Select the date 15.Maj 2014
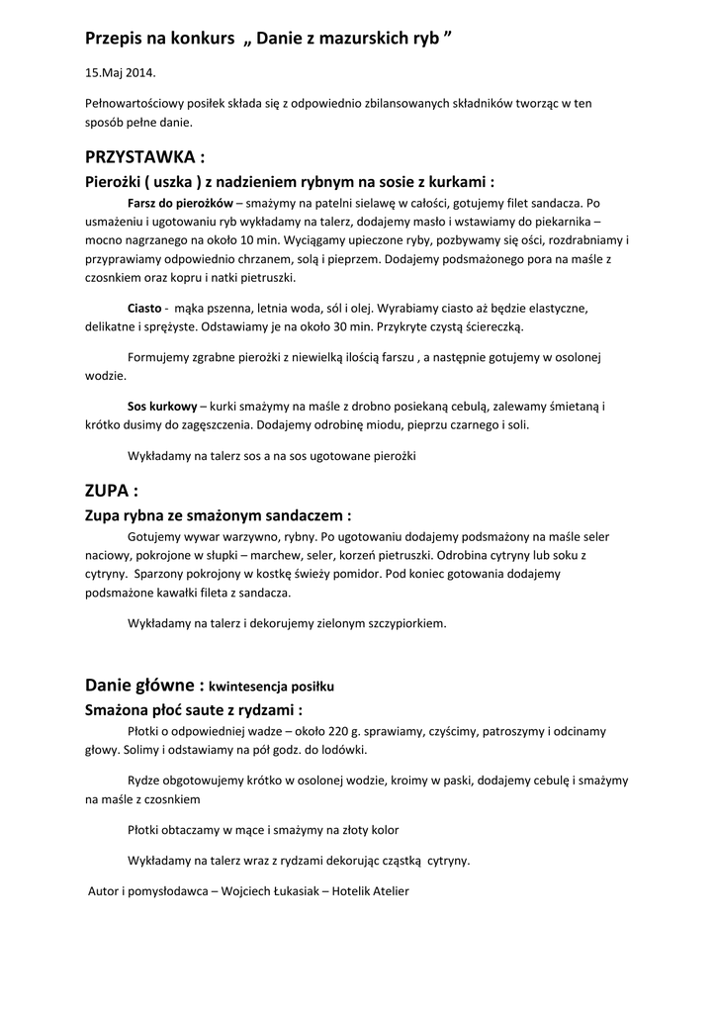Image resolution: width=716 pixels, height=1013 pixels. (x=120, y=73)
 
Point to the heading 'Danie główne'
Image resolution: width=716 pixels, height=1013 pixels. (x=143, y=685)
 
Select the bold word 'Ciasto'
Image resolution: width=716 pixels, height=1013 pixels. (x=144, y=309)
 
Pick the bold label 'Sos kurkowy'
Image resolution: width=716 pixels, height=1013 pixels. (x=162, y=407)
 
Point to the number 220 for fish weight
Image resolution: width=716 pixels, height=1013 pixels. (x=335, y=731)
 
